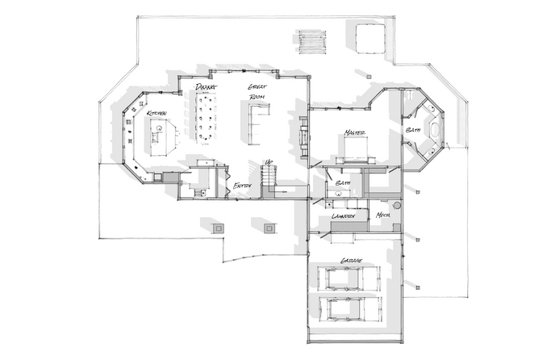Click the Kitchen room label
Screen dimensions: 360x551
click(157, 113)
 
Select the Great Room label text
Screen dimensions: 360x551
click(257, 91)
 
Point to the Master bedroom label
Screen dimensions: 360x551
click(355, 132)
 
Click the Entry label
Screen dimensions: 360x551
click(242, 186)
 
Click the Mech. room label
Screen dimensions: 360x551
click(383, 215)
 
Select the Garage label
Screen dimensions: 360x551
click(351, 261)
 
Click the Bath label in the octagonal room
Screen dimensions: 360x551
click(413, 130)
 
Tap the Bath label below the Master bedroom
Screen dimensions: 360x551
click(341, 183)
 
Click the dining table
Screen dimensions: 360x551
click(207, 115)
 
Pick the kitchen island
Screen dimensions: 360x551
click(161, 134)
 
